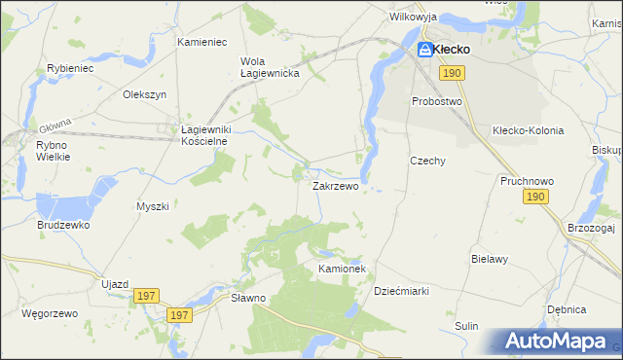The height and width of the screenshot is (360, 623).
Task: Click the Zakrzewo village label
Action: coord(335,184)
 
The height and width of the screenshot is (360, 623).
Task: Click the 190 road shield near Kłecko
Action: coord(450,73)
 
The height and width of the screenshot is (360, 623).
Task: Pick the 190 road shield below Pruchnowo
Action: coord(534,197)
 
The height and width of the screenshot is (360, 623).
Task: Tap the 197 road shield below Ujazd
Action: coord(147,296)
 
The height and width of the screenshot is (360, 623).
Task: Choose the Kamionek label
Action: coord(341,268)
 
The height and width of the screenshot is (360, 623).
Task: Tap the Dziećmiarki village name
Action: coord(401,290)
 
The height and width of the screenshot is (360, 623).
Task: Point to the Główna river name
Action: coord(55,126)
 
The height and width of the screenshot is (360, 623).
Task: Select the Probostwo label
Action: coord(436,101)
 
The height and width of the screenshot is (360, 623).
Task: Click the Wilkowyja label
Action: coord(413,18)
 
